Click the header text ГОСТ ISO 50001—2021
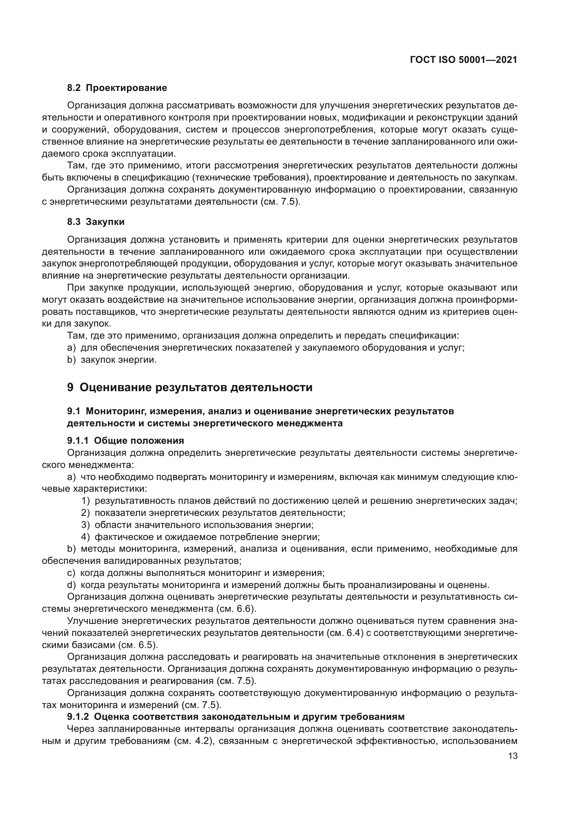click(x=464, y=60)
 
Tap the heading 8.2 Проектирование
click(x=117, y=88)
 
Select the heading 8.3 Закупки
click(x=96, y=222)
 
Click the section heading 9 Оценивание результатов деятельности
click(x=189, y=387)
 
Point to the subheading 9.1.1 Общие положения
click(x=125, y=441)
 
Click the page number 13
click(x=513, y=756)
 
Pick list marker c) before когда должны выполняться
click(x=71, y=573)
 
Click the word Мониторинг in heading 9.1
click(x=115, y=411)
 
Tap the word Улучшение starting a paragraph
click(x=93, y=621)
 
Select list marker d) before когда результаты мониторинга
click(x=71, y=585)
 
